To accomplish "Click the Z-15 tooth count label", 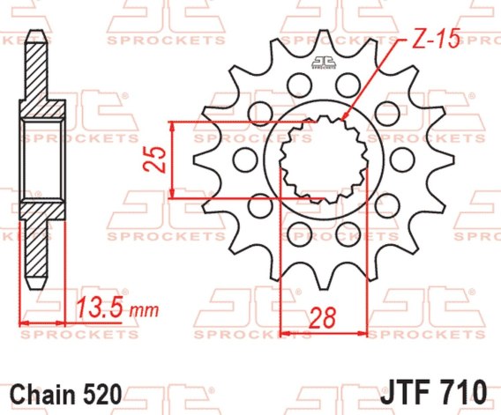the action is [436, 39].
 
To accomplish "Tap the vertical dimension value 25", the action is [154, 159].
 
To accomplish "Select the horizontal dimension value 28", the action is [323, 318].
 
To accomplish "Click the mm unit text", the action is [146, 311].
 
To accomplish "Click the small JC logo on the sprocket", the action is [324, 63].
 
